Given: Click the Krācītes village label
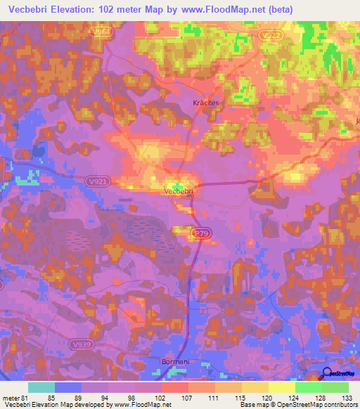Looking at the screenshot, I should (x=206, y=103).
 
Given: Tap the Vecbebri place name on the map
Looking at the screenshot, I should (x=178, y=190).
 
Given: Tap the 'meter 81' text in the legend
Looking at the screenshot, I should (x=13, y=398).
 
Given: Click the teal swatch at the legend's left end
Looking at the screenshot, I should (x=41, y=387).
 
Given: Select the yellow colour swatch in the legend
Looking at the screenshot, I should (x=281, y=387).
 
